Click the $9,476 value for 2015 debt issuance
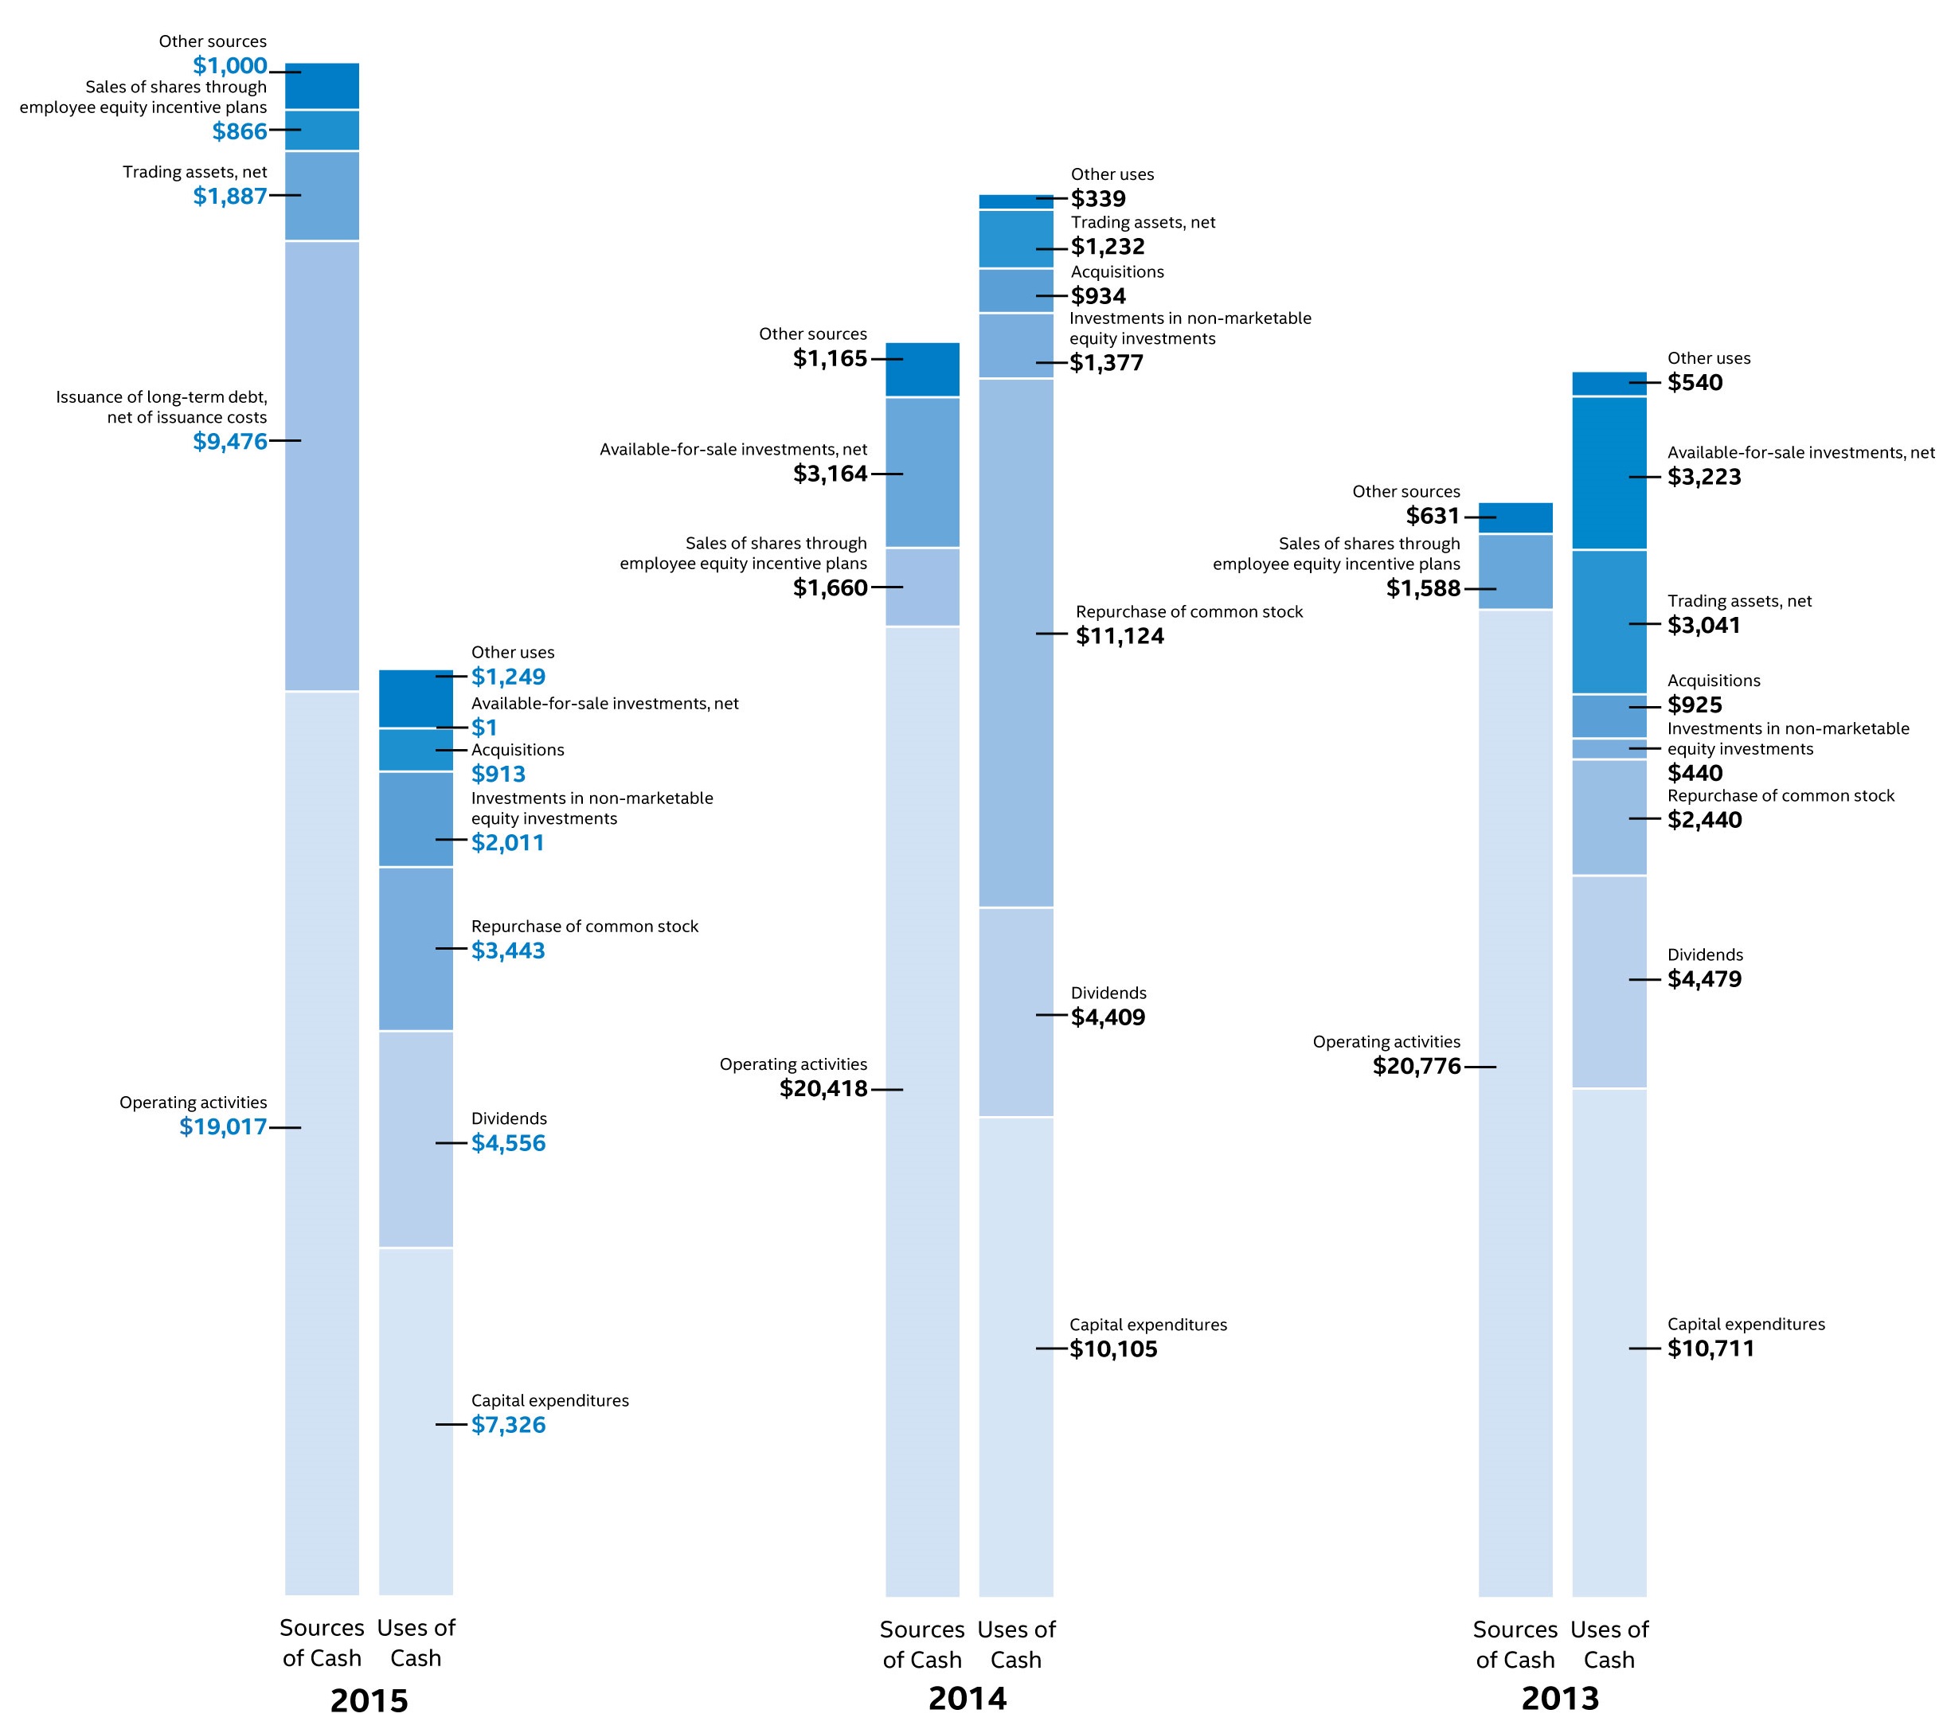230,441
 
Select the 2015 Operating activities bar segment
323,1141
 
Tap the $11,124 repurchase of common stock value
1120,636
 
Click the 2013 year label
1560,1698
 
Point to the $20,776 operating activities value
1417,1067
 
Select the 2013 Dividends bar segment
1609,982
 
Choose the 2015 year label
369,1700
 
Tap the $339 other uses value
1098,199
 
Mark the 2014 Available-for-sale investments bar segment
922,472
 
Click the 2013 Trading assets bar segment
1609,622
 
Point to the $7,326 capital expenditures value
509,1425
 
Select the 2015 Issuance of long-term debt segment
323,466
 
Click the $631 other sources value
1433,516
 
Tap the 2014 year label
968,1698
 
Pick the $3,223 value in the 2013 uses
1704,477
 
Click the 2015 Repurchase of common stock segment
416,949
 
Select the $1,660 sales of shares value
830,588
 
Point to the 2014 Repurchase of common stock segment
1016,642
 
